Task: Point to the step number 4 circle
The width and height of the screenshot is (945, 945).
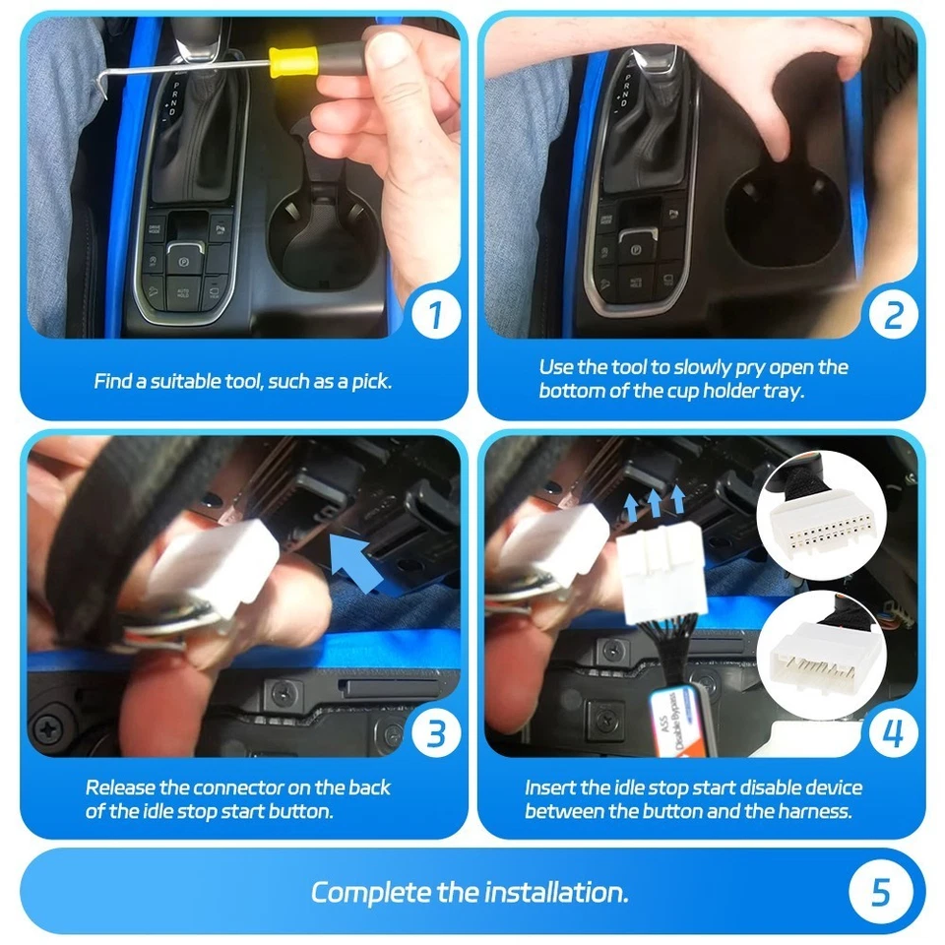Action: tap(892, 733)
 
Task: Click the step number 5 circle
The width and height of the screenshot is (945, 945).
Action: tap(879, 892)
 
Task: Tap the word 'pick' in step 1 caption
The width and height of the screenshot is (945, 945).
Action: tap(369, 381)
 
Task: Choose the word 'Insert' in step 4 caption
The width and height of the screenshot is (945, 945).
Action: tap(550, 787)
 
